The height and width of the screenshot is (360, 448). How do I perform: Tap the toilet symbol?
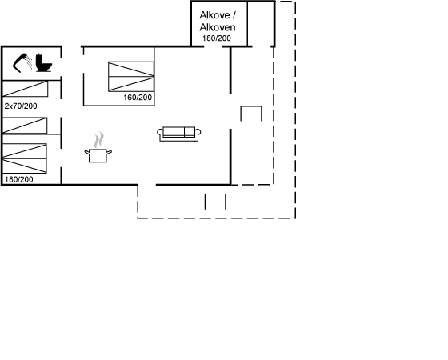click(44, 63)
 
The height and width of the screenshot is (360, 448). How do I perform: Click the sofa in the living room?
click(179, 134)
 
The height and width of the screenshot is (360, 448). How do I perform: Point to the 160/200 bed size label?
click(138, 98)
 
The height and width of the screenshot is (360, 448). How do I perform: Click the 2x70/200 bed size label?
click(21, 106)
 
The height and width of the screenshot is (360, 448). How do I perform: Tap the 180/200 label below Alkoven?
click(217, 38)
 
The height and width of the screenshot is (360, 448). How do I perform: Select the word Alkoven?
click(218, 27)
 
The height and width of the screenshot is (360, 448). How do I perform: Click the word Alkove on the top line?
click(214, 15)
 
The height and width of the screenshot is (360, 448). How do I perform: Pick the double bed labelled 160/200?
click(131, 77)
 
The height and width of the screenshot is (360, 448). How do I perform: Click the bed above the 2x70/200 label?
click(25, 89)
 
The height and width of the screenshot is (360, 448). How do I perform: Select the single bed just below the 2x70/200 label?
click(25, 125)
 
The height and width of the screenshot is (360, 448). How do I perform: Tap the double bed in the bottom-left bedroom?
click(24, 158)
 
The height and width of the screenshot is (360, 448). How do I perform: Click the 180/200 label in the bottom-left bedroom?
click(19, 179)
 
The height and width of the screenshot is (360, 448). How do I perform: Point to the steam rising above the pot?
click(99, 140)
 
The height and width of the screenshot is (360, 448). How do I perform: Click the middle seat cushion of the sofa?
click(179, 132)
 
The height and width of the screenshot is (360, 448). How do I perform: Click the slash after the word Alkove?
click(234, 15)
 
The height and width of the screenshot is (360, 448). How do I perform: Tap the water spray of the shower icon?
click(29, 62)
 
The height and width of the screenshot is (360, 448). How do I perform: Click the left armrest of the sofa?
click(160, 134)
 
